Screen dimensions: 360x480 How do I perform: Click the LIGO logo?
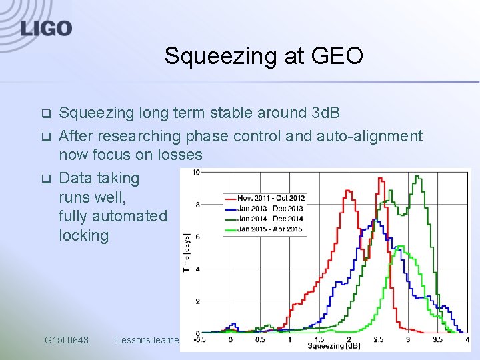[x=46, y=28]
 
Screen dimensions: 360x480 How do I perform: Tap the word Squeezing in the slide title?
[x=224, y=56]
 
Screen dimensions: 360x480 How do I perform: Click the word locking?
[x=83, y=235]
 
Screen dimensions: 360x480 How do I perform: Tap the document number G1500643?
[x=67, y=340]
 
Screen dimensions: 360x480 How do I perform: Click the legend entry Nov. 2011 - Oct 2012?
[x=271, y=198]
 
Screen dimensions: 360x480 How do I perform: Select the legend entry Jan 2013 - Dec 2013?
[x=270, y=208]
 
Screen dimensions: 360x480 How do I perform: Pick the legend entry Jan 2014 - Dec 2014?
[x=270, y=219]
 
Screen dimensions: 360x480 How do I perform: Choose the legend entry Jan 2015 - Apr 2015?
[x=270, y=229]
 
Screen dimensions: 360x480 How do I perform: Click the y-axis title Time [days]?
[x=187, y=252]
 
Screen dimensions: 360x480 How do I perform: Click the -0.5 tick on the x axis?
[x=201, y=340]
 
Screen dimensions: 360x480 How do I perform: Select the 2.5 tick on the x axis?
[x=378, y=340]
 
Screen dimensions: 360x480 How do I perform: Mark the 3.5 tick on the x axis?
[x=437, y=340]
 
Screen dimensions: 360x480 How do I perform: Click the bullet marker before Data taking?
[x=46, y=179]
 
